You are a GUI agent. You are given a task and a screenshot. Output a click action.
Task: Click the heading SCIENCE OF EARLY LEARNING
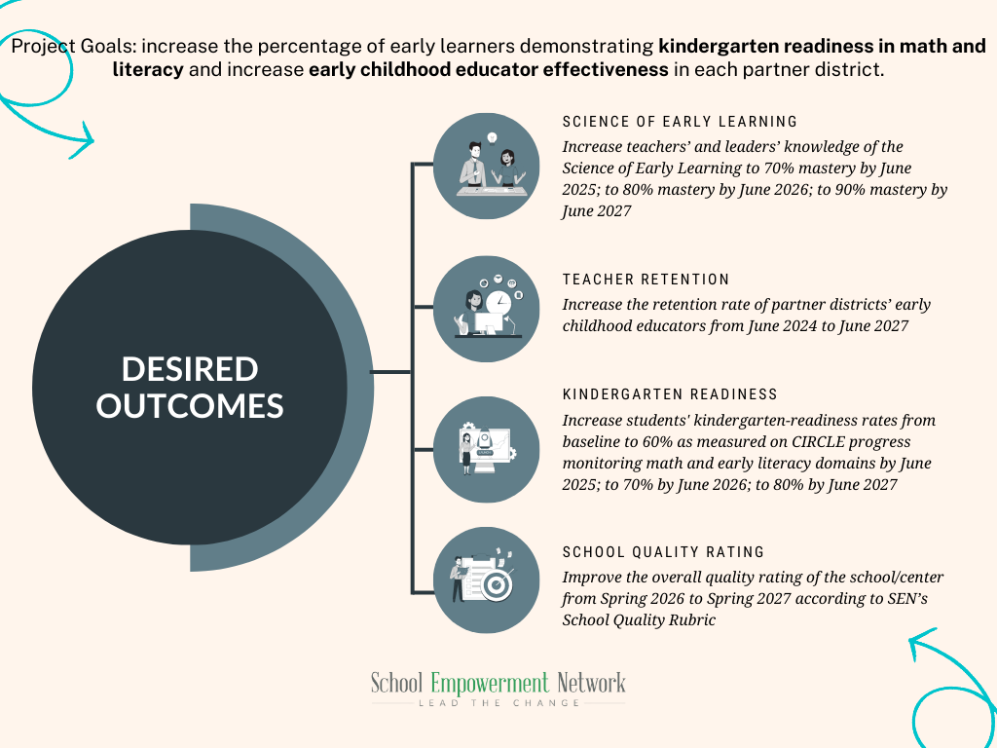pyautogui.click(x=680, y=122)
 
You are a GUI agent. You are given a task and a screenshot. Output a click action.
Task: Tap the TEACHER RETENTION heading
pyautogui.click(x=646, y=280)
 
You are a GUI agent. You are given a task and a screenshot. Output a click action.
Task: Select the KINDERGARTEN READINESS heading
pyautogui.click(x=670, y=394)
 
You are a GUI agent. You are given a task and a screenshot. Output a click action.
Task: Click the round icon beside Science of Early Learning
pyautogui.click(x=485, y=166)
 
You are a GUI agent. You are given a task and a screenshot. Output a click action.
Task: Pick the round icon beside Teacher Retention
pyautogui.click(x=485, y=308)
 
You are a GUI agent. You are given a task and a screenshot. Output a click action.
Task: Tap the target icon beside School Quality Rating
pyautogui.click(x=496, y=585)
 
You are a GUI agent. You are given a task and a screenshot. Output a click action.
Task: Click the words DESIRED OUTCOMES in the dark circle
pyautogui.click(x=190, y=387)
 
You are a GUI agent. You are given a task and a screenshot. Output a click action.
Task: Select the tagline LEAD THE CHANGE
pyautogui.click(x=498, y=702)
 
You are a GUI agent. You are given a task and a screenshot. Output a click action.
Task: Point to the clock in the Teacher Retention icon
pyautogui.click(x=498, y=302)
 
